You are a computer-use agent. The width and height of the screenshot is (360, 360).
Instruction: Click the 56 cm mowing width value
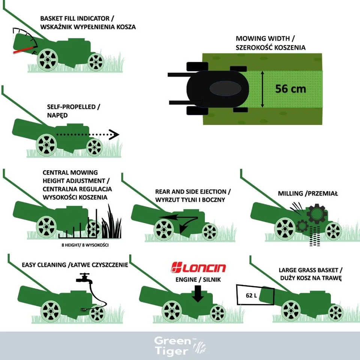point(290,89)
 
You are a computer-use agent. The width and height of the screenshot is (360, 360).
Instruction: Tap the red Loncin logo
point(199,267)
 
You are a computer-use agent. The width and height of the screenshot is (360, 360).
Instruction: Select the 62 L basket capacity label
point(251,295)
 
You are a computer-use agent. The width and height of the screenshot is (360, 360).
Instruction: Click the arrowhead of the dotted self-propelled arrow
point(114,135)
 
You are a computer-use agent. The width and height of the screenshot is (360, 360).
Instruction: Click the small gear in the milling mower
point(302,226)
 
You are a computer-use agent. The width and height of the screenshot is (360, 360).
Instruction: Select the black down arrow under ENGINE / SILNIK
point(198,294)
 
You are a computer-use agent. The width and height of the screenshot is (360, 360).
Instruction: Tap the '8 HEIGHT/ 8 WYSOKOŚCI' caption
point(85,245)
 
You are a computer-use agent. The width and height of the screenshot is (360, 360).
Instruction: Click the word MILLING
point(290,193)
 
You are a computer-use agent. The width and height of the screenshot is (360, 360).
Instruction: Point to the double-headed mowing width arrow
point(262,89)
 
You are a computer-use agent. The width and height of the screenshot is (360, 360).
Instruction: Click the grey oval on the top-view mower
point(225,88)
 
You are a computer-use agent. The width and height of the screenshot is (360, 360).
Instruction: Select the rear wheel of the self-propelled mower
point(46,145)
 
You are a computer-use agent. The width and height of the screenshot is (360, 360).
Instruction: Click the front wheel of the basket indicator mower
point(96,62)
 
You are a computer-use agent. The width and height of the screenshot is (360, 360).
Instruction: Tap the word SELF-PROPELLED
point(71,107)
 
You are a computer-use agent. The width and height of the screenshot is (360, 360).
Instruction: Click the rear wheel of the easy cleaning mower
point(51,311)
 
